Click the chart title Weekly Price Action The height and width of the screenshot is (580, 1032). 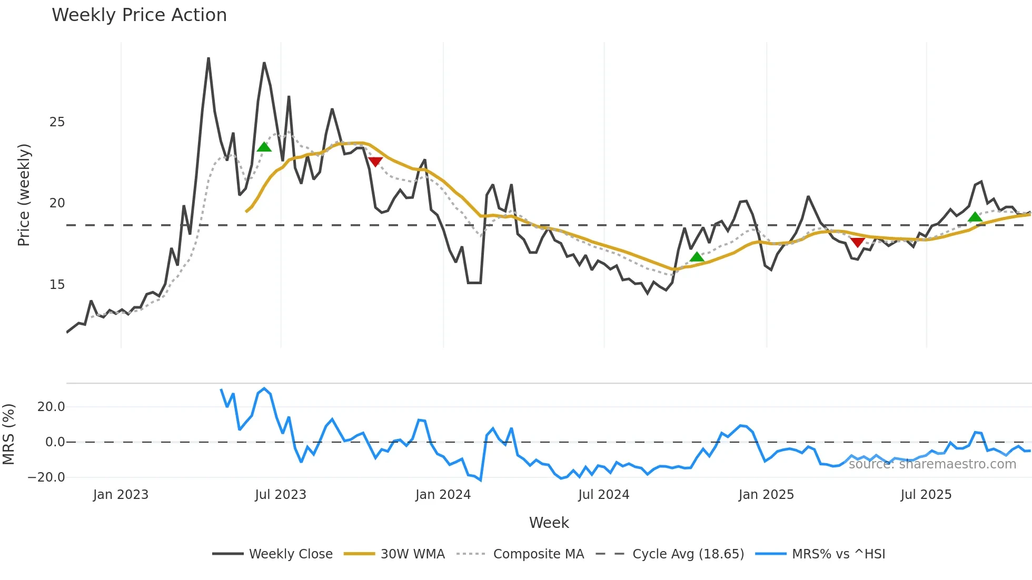(139, 15)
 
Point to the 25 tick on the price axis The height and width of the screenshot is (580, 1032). (57, 122)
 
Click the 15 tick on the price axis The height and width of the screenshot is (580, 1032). (57, 285)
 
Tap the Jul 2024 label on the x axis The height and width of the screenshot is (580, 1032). (603, 495)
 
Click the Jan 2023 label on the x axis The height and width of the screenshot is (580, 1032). (121, 495)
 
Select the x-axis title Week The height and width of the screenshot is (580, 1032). (549, 523)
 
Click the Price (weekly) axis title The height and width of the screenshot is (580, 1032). (24, 195)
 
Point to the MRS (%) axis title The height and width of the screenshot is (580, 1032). (8, 434)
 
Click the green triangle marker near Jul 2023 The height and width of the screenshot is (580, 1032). (264, 147)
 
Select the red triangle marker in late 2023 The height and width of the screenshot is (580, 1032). (375, 162)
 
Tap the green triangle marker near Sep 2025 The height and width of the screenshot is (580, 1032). (975, 217)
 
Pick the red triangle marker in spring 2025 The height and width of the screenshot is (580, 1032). (857, 242)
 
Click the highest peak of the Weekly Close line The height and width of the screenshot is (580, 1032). (209, 58)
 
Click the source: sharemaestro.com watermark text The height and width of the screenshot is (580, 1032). (932, 464)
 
